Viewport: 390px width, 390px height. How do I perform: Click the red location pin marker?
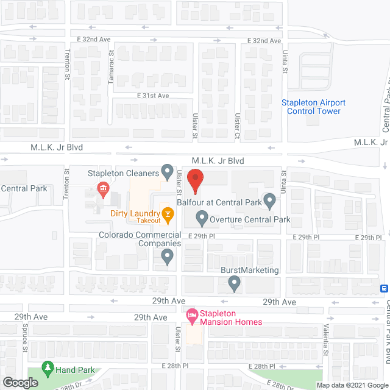(x=195, y=181)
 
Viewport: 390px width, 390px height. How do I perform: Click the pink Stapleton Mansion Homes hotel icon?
(x=193, y=314)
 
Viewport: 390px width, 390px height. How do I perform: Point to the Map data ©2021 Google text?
(x=352, y=385)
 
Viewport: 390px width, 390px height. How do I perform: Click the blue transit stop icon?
(x=385, y=288)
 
